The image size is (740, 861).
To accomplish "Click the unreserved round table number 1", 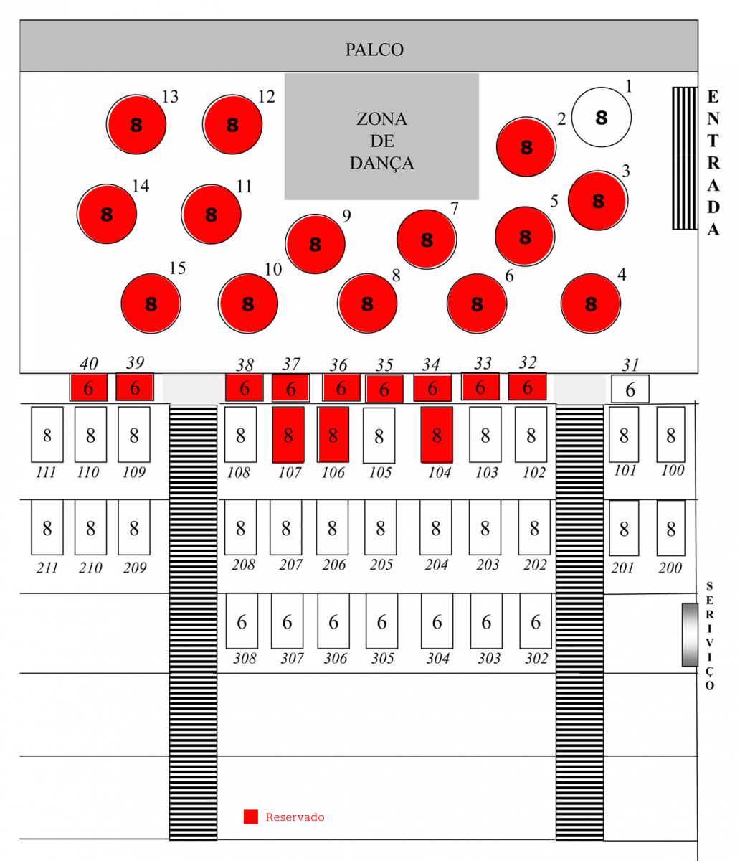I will (601, 117).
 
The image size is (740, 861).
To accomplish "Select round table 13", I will (136, 124).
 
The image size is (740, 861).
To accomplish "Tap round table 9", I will (315, 244).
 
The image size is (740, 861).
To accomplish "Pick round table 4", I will (590, 304).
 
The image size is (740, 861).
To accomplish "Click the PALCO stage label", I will (374, 50).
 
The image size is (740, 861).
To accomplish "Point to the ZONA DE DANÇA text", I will (381, 141).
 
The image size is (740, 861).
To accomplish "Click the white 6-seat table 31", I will (630, 389).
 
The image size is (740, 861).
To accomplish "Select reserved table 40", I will (88, 387).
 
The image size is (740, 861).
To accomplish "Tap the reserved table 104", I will (436, 435).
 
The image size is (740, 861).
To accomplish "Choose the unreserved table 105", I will (379, 435).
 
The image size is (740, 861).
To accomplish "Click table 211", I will (47, 527).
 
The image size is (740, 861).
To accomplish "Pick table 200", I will (670, 528).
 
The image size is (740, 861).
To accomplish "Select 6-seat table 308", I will (242, 621).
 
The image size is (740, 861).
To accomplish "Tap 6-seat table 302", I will (535, 621).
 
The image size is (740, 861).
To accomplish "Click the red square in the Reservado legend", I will (250, 817).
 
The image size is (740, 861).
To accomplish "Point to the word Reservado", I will (295, 817).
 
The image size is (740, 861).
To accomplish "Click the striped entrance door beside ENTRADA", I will (684, 158).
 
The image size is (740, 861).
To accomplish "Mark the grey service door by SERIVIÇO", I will (689, 634).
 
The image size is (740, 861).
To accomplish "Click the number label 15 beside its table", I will (177, 268).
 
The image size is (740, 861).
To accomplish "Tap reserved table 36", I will (341, 387).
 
